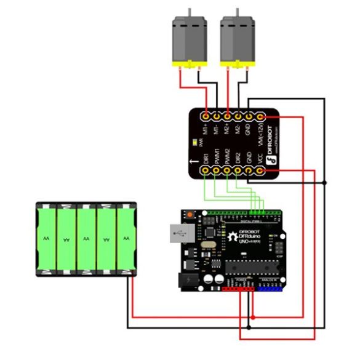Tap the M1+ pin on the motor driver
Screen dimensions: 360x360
pos(206,116)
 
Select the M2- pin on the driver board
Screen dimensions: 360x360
pos(239,116)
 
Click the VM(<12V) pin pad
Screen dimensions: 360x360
pos(261,116)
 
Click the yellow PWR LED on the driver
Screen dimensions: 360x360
pos(195,143)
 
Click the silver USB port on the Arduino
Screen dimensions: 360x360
pos(178,235)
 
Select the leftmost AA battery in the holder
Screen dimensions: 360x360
pos(47,239)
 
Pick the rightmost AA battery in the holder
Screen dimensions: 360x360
pos(126,239)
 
